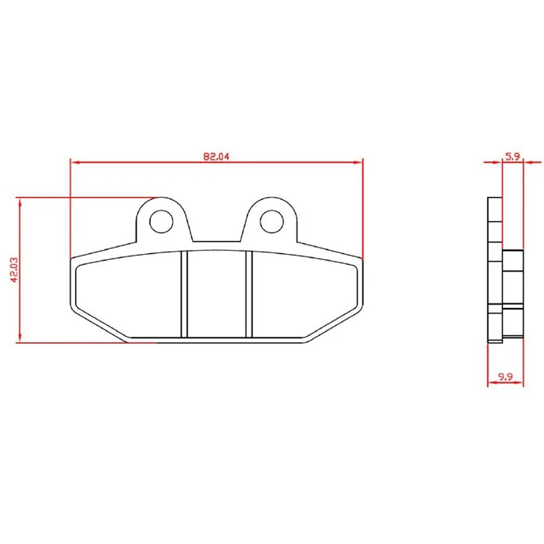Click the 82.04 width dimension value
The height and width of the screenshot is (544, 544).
216,156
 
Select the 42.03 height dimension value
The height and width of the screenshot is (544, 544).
14,269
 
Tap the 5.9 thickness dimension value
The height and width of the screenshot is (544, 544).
513,156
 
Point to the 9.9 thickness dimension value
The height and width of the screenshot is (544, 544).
505,377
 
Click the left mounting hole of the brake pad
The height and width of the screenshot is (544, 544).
161,222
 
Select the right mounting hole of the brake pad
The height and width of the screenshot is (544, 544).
271,222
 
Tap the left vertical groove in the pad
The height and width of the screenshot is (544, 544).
184,294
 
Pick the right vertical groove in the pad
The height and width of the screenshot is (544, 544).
249,294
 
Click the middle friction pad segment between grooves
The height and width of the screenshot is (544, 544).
216,294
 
